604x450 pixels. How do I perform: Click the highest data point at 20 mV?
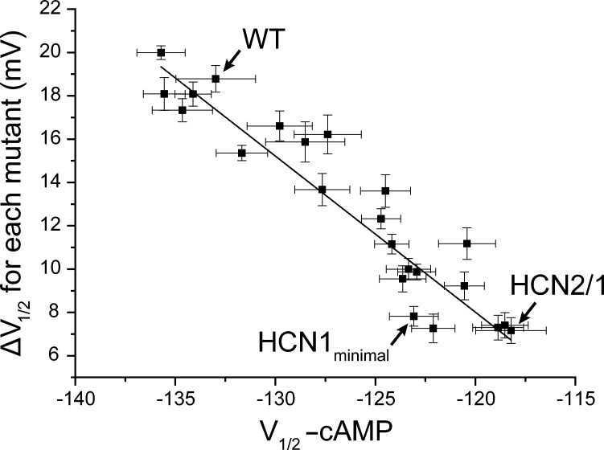tap(161, 52)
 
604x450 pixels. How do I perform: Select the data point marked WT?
tap(216, 79)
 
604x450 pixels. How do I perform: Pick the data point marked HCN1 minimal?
tap(413, 316)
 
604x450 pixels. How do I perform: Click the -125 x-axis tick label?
tap(376, 399)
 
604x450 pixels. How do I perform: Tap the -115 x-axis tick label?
tap(574, 399)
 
